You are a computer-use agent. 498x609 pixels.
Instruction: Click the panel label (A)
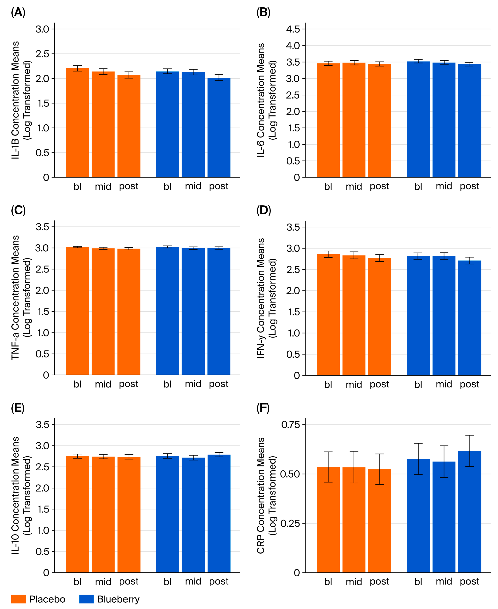coord(18,12)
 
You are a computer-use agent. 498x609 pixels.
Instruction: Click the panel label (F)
coord(263,408)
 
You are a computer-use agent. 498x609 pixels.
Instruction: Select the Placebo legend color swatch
coord(19,599)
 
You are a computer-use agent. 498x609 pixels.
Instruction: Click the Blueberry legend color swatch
coord(86,599)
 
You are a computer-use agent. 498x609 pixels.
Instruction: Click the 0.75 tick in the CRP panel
coord(290,425)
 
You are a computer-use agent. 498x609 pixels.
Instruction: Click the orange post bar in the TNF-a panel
coord(129,312)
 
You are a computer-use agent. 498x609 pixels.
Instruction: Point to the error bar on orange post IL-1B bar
coord(129,75)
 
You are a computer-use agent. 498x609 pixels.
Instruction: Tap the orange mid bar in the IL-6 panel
coord(354,120)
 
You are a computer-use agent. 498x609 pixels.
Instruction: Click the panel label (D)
coord(263,210)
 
